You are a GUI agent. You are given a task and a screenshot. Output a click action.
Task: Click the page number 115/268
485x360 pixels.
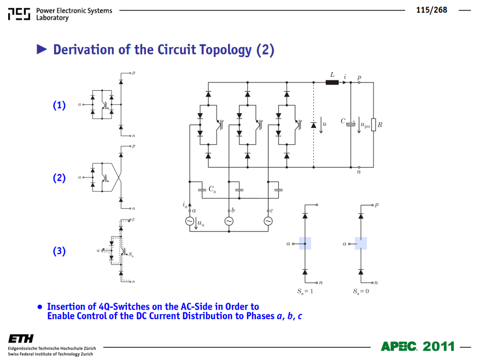point(431,10)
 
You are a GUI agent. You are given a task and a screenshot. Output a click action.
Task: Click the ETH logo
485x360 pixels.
point(21,339)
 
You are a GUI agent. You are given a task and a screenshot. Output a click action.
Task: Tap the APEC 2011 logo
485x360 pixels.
point(418,346)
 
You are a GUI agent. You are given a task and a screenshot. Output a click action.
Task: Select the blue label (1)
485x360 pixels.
point(59,105)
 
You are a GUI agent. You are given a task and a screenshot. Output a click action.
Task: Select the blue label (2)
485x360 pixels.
point(59,178)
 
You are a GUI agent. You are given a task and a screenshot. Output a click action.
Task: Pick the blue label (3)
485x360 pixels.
point(59,251)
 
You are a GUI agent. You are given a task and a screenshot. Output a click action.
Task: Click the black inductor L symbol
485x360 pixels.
point(332,82)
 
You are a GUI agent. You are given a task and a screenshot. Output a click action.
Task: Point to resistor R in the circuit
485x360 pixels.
point(373,125)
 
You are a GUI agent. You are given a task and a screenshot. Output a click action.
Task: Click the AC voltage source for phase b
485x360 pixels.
point(229,221)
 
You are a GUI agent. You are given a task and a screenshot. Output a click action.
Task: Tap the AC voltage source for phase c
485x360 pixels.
point(268,221)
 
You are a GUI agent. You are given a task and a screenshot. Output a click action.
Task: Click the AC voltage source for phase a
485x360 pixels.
point(190,221)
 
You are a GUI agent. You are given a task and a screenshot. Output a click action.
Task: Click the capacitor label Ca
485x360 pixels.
point(212,189)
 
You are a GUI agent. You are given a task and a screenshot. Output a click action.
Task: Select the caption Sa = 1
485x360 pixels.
point(305,291)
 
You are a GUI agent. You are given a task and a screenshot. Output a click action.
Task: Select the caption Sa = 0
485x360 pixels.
point(361,291)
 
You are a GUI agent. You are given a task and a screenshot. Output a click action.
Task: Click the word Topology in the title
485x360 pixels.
point(225,50)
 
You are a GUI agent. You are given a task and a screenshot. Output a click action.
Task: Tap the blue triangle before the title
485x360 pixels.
point(42,49)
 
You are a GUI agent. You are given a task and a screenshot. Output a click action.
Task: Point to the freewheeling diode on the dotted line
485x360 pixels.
point(314,125)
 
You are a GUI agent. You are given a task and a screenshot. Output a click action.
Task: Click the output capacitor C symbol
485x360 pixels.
point(350,124)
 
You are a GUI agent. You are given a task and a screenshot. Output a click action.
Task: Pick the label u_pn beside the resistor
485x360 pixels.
point(365,125)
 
